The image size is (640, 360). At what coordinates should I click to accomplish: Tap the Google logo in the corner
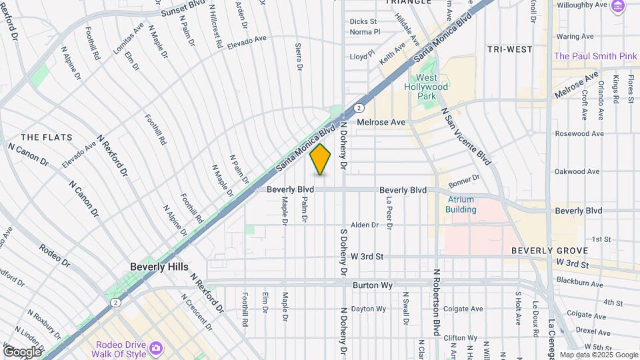tap(22, 351)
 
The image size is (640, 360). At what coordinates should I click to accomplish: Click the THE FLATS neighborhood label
tap(41, 137)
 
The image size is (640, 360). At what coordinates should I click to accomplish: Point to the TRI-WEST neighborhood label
tap(509, 49)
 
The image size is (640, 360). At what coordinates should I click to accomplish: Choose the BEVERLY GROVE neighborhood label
tap(549, 251)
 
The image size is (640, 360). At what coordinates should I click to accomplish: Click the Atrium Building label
tap(461, 205)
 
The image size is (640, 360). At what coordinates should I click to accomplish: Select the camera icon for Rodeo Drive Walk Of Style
tap(155, 348)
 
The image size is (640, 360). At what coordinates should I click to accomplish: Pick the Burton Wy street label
tap(371, 285)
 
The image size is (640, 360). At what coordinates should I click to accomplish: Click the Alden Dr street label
tap(365, 225)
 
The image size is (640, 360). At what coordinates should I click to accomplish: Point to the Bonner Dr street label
tap(464, 181)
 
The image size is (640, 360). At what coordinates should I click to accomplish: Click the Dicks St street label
tap(363, 21)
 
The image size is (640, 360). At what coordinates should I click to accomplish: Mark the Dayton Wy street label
tap(368, 309)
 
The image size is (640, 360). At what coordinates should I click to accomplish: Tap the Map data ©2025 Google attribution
tap(598, 355)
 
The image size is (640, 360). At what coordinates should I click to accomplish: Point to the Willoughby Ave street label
tap(581, 5)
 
